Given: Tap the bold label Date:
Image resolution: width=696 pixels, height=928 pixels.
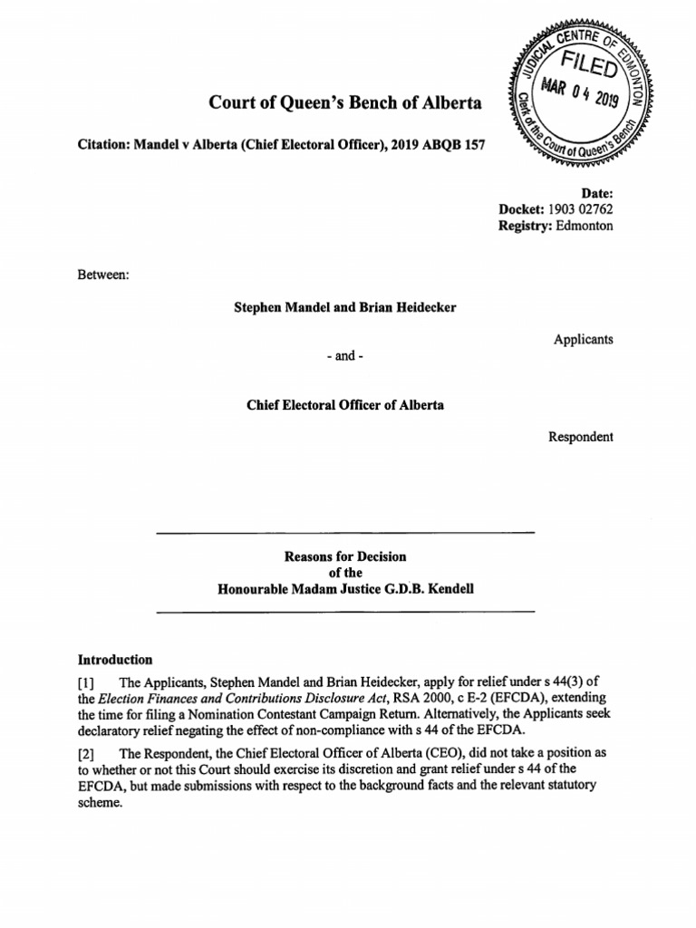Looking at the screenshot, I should (x=596, y=193).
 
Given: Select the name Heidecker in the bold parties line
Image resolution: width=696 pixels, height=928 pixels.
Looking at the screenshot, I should (x=420, y=307).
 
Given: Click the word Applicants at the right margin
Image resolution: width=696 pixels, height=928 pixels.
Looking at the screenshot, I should (x=583, y=340).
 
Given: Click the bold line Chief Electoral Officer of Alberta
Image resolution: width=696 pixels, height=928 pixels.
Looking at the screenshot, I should (x=345, y=405).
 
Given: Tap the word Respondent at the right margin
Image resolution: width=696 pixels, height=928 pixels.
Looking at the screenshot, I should (x=581, y=437).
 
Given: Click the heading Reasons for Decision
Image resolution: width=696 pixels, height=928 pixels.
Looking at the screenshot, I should (x=345, y=556).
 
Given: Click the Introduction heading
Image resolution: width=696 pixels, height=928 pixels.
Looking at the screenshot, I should (x=115, y=660).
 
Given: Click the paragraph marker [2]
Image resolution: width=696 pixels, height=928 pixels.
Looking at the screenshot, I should (x=88, y=754).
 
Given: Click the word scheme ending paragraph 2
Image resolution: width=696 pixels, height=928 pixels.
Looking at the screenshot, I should (x=98, y=803).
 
